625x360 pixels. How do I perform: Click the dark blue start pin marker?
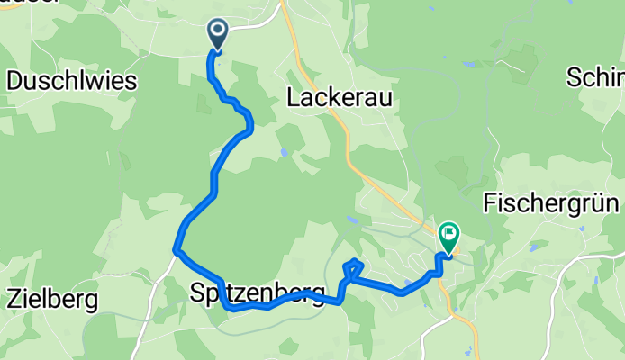218,34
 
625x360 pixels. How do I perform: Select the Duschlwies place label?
71,81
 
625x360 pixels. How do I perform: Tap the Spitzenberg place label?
258,293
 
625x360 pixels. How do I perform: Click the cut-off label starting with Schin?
595,78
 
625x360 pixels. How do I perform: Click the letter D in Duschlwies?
14,81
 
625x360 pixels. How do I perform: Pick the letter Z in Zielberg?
14,297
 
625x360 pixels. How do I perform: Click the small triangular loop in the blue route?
353,268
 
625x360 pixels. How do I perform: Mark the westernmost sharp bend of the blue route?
175,250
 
